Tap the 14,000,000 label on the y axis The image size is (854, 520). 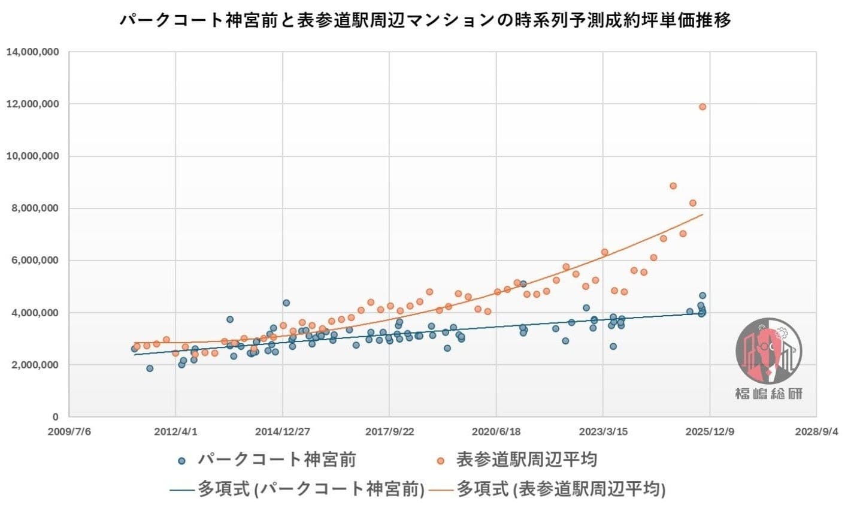pos(32,52)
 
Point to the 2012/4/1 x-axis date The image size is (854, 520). pos(175,431)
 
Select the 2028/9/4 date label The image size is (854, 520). pos(817,431)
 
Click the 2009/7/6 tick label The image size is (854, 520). pos(69,431)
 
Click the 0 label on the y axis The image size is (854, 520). pos(55,417)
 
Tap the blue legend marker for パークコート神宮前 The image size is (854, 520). pos(182,461)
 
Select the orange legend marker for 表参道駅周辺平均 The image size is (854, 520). pos(441,461)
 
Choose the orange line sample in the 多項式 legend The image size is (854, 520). pos(439,489)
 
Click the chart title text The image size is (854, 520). pos(426,20)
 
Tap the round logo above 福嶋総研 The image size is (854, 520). pos(769,351)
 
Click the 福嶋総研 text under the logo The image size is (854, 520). pos(769,394)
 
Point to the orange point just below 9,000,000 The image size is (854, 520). pos(673,186)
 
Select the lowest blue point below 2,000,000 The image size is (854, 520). pos(150,368)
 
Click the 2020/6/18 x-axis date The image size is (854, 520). pos(496,431)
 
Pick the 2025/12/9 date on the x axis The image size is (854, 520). pos(710,431)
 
